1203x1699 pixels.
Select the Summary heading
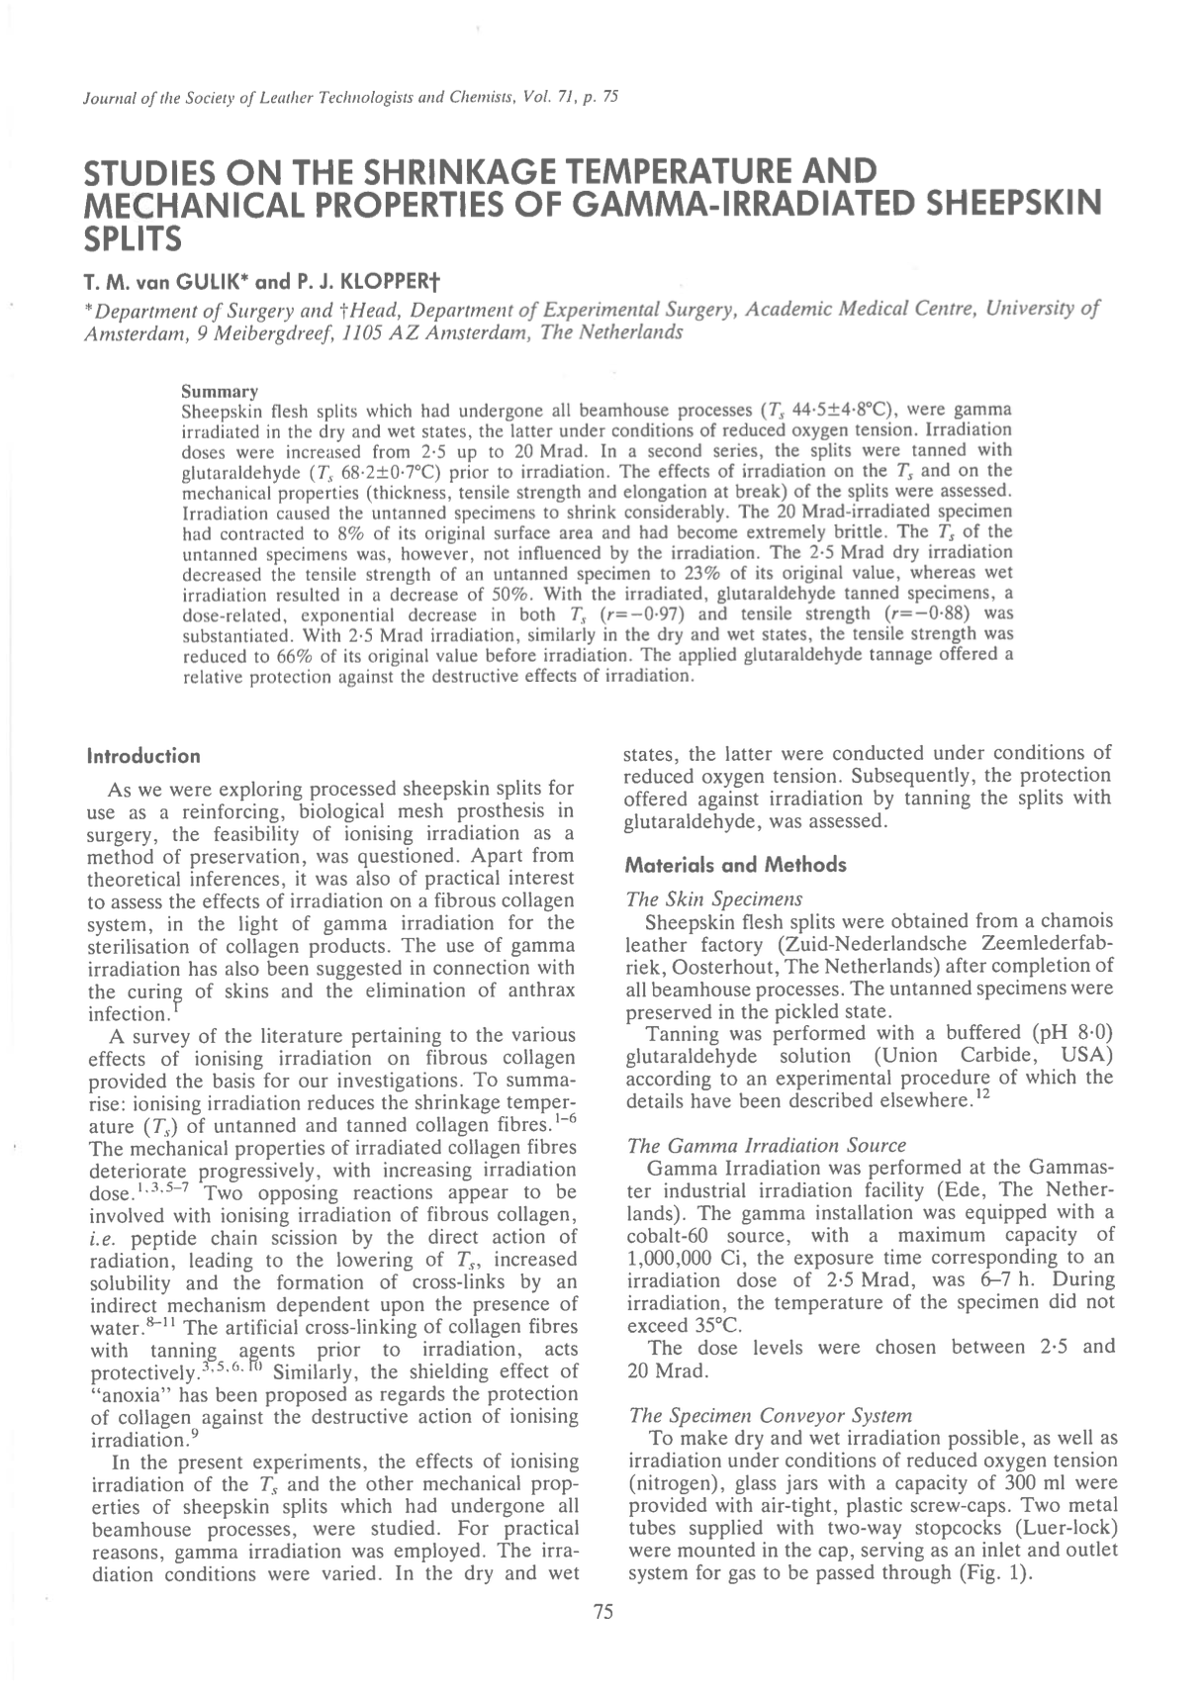[221, 392]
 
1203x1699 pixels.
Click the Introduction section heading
[144, 757]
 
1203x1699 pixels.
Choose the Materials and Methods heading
[736, 865]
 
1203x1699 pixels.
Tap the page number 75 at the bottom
[602, 1611]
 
